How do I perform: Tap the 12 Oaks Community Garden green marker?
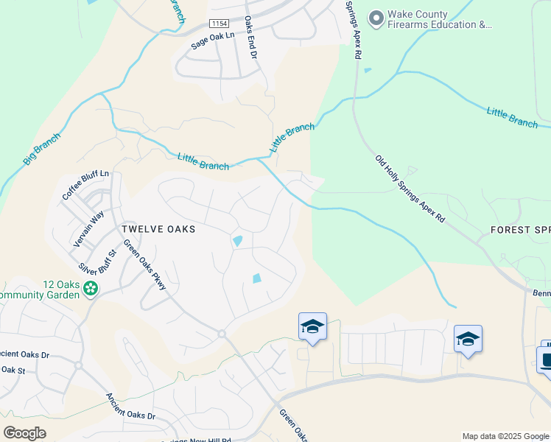[x=91, y=287]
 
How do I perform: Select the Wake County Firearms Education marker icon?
[x=377, y=17]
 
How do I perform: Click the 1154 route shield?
[x=220, y=24]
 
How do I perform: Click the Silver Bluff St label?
[x=98, y=259]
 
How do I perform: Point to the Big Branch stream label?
[x=41, y=148]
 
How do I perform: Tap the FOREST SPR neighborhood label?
[x=520, y=230]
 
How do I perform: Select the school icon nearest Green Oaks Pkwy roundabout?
[x=312, y=326]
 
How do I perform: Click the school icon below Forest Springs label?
[x=468, y=339]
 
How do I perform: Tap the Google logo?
[x=25, y=433]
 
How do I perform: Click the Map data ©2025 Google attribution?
[x=505, y=436]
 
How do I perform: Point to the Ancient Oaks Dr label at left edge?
[x=26, y=354]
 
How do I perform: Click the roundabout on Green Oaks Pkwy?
[x=222, y=334]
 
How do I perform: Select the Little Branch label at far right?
[x=512, y=117]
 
